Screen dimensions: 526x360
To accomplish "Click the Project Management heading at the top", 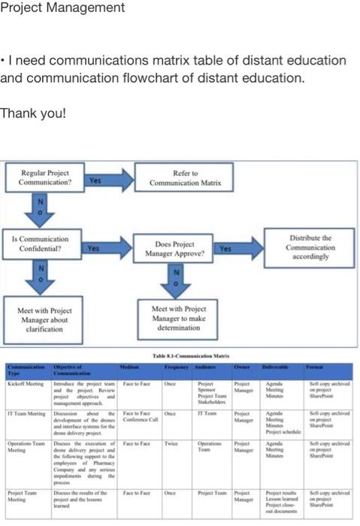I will (x=62, y=8).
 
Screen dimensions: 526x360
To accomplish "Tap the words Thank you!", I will (x=34, y=113).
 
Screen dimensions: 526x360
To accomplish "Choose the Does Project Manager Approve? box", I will (x=175, y=249).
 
